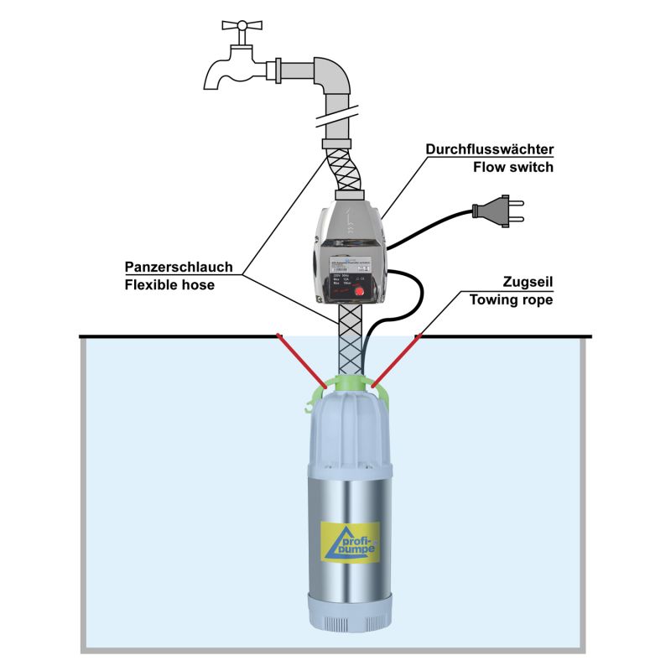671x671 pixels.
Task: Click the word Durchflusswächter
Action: (x=490, y=150)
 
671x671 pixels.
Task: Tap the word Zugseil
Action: (x=527, y=283)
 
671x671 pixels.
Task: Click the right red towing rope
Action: (x=395, y=362)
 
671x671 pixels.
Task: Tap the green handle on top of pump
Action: (x=344, y=386)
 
